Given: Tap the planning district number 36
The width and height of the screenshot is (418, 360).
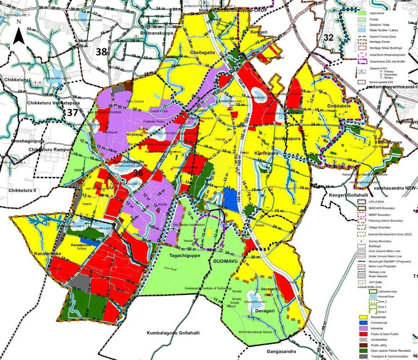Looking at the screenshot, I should click(138, 173).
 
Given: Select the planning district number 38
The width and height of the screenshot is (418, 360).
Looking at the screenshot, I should click(101, 52).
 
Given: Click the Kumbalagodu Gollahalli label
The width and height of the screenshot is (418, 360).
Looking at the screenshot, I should click(173, 333).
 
